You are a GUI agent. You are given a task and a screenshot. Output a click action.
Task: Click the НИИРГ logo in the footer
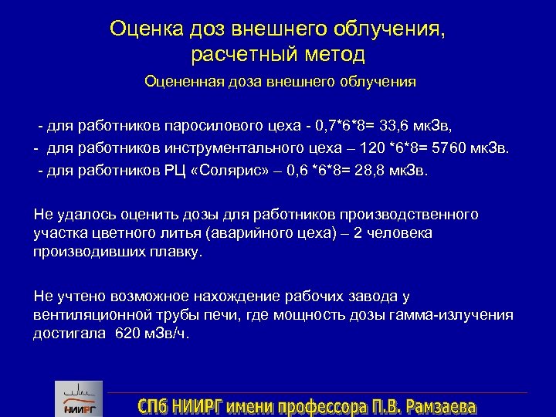pyautogui.click(x=76, y=398)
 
